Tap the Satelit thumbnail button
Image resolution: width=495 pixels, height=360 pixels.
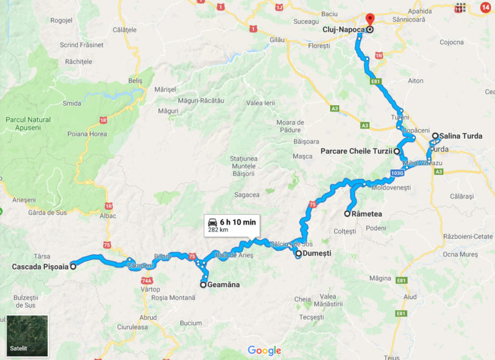27,335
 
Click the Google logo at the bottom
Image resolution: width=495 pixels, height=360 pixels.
264,350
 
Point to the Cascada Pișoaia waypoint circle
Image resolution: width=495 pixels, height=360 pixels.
73,266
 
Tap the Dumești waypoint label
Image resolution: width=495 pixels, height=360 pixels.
318,254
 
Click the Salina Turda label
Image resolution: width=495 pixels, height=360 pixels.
461,136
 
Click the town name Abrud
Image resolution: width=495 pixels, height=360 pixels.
148,317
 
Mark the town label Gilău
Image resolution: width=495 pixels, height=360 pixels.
277,40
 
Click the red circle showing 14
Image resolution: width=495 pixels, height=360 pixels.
485,8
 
